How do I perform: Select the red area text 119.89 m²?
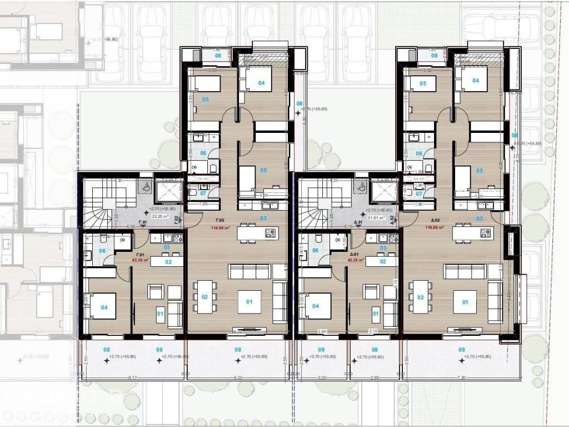point(434,227)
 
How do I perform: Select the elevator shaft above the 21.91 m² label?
point(383,192)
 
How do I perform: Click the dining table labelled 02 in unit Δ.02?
point(420,297)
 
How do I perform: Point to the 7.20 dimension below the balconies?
point(461,378)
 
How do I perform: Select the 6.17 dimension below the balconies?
point(133,378)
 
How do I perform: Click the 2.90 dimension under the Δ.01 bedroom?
point(321,331)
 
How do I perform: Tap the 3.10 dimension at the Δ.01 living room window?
point(373,331)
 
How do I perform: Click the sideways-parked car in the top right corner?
point(489,22)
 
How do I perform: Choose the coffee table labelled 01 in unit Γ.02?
point(249,302)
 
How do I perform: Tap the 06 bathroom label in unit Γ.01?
point(102,251)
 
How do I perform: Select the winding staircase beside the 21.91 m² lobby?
point(320,203)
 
